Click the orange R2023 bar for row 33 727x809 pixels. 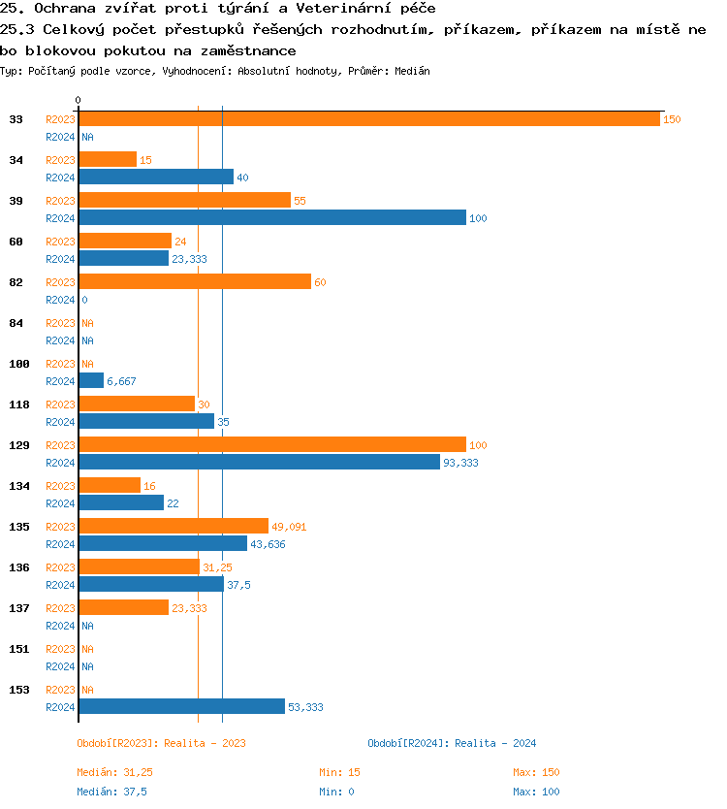click(x=369, y=118)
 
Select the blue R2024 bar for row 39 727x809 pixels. click(x=272, y=217)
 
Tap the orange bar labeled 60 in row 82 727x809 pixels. click(x=195, y=281)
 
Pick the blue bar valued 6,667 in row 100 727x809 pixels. click(x=91, y=380)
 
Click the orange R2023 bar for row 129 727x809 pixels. click(x=272, y=444)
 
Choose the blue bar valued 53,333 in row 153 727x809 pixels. click(x=182, y=706)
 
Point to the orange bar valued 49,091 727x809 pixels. click(x=174, y=526)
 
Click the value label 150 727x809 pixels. click(x=672, y=119)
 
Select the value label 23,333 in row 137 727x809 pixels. click(x=189, y=608)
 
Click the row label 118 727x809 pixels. click(x=19, y=404)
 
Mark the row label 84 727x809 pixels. click(x=16, y=323)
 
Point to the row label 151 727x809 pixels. click(x=19, y=649)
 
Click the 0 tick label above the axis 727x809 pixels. click(x=78, y=100)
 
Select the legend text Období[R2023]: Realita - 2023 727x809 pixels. click(x=161, y=743)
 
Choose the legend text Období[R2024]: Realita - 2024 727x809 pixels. click(x=452, y=743)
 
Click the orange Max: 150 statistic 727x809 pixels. click(x=536, y=772)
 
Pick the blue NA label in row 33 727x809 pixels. click(x=87, y=137)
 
